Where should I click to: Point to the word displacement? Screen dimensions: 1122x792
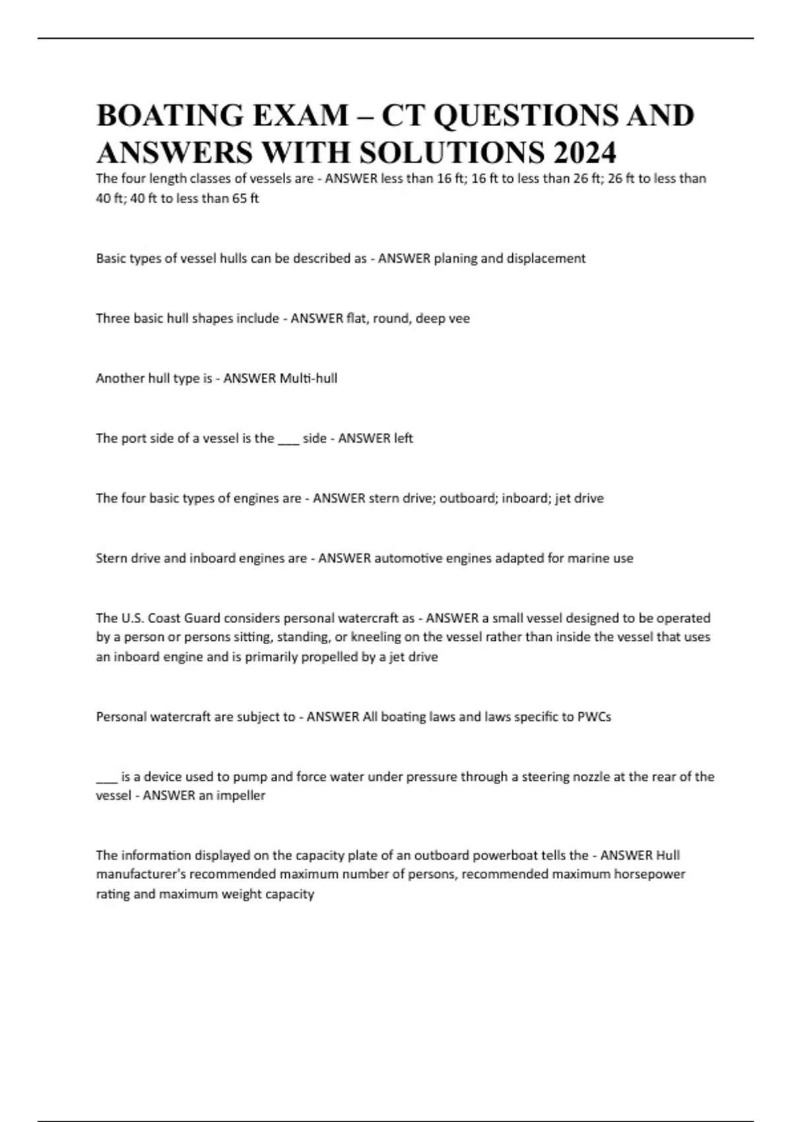click(546, 258)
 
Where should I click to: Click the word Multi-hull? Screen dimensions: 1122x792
click(308, 378)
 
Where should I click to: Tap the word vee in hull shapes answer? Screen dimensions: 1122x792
click(459, 318)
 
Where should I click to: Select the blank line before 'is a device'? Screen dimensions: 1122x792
click(106, 778)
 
